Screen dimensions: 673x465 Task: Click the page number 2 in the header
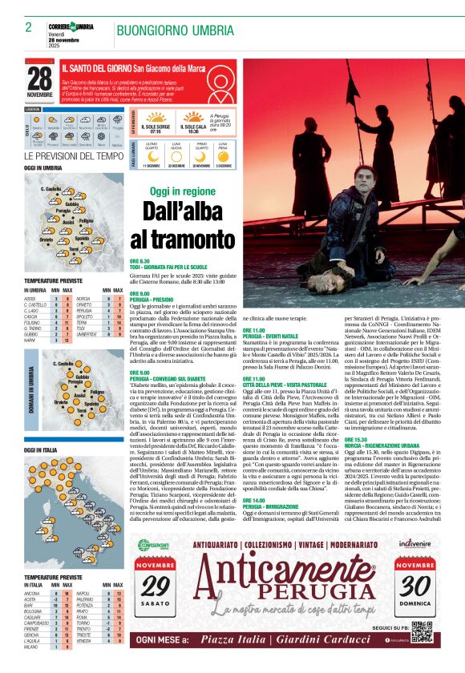click(x=28, y=27)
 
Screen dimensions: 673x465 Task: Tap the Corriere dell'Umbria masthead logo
click(x=71, y=28)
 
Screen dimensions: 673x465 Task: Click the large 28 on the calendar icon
click(x=38, y=79)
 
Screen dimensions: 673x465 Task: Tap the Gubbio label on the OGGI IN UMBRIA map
click(x=72, y=204)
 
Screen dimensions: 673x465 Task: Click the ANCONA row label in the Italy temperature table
click(x=33, y=593)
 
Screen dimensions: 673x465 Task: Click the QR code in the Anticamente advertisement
click(x=421, y=631)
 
